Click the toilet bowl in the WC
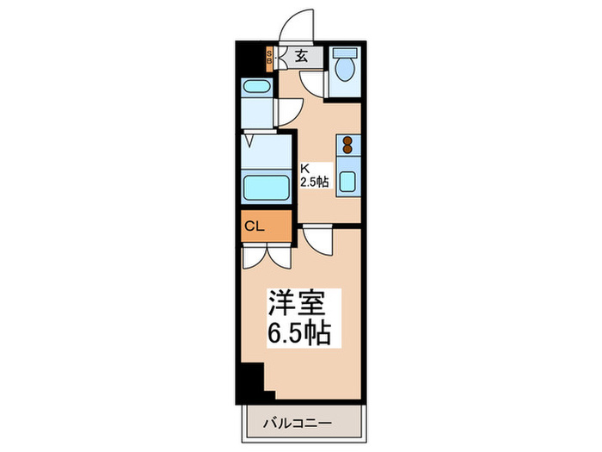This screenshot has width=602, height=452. pyautogui.click(x=347, y=70)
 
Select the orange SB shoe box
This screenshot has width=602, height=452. pyautogui.click(x=268, y=58)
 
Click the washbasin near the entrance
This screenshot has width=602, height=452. pyautogui.click(x=255, y=87)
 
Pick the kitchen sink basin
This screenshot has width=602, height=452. pyautogui.click(x=348, y=182)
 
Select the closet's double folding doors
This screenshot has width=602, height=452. pyautogui.click(x=267, y=256)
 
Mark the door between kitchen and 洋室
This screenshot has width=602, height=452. pyautogui.click(x=316, y=239)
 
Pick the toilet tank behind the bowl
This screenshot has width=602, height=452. pyautogui.click(x=347, y=53)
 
